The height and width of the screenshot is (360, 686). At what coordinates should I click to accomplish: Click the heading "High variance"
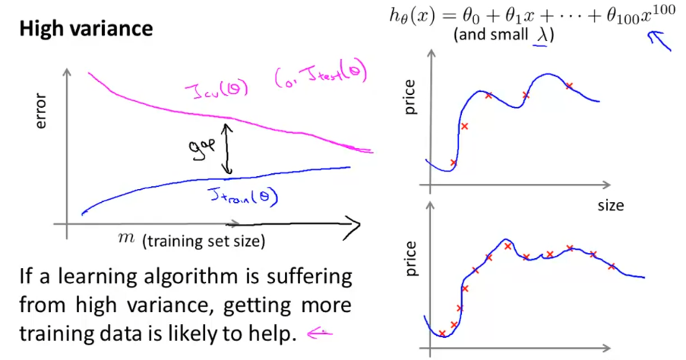86,29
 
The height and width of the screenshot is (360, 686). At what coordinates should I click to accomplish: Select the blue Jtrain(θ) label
242,197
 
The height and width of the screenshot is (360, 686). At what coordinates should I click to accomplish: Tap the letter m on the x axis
128,239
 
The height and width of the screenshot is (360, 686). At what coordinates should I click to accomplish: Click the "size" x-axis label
610,206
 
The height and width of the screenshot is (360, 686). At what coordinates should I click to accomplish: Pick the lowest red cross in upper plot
454,163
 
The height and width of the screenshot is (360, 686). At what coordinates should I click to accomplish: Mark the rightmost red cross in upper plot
569,86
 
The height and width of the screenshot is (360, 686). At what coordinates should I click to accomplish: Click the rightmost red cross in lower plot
612,266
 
